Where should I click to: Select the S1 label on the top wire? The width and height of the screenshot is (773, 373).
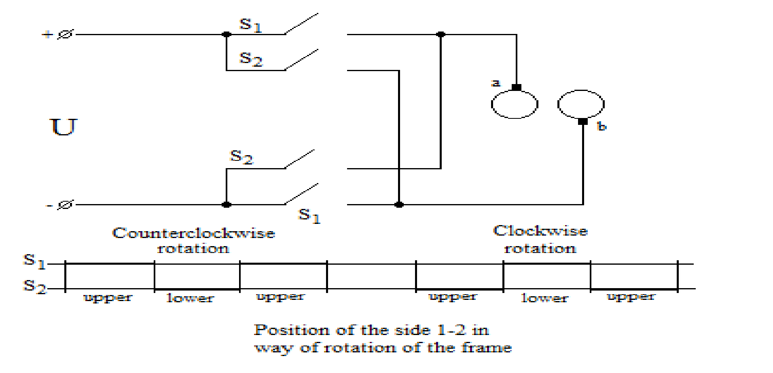coord(250,25)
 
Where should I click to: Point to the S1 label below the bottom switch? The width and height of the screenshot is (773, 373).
coord(309,215)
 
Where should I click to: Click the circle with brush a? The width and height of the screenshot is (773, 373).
coord(515,104)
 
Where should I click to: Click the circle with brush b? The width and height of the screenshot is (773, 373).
coord(581,104)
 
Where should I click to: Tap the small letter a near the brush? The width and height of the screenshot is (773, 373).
coord(496,83)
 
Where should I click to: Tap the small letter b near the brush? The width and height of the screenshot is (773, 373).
coord(601,126)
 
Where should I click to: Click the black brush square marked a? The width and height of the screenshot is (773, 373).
coord(517,87)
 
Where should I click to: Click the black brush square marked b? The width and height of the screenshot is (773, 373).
coord(583,121)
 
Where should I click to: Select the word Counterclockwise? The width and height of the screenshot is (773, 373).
coord(193,233)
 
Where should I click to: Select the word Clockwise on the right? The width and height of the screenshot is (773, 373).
coord(540,231)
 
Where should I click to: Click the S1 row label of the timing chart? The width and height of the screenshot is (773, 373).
coord(34,261)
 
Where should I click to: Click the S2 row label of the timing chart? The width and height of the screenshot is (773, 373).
coord(35,286)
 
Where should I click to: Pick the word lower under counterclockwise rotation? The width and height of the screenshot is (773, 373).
coord(190,298)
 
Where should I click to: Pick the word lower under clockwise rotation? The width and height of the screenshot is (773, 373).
coord(544,298)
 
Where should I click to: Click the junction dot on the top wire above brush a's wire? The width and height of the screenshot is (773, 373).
coord(441,34)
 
